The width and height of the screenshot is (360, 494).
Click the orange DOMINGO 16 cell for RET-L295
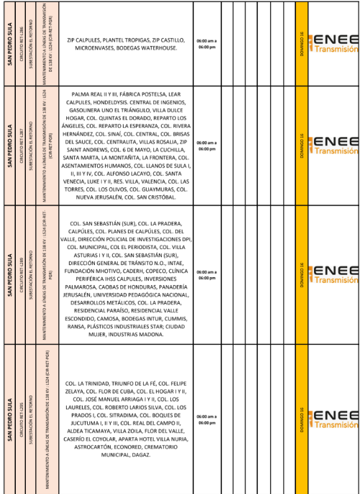point(301,417)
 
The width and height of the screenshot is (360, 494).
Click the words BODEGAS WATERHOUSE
point(154,49)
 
